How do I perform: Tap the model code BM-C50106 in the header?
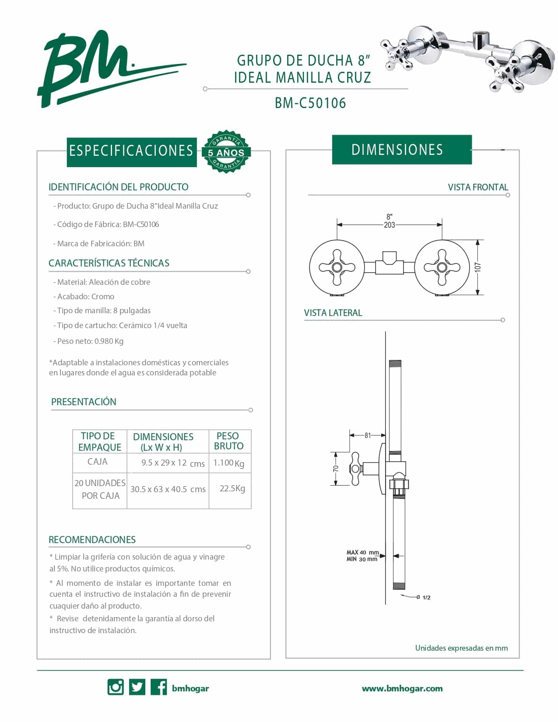coord(310,103)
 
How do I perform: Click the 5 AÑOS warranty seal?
coord(226,151)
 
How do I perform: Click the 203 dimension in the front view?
coord(389,225)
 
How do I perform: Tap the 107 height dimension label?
coord(478,267)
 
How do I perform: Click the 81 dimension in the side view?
coord(368,435)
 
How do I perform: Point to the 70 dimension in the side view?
coord(336,468)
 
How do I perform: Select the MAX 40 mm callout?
coord(362,553)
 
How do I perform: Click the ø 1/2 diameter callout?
coord(424,597)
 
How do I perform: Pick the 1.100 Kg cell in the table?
coord(229,463)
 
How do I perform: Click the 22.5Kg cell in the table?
coord(232,488)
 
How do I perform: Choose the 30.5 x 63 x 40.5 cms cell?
coord(168,489)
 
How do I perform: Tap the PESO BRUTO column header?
coord(228,441)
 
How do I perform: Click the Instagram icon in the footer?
coord(116,687)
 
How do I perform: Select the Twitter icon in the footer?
coord(137,687)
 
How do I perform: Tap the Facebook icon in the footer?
coord(158,687)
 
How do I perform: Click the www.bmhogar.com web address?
coord(402,688)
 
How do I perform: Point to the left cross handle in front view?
coord(337,267)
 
